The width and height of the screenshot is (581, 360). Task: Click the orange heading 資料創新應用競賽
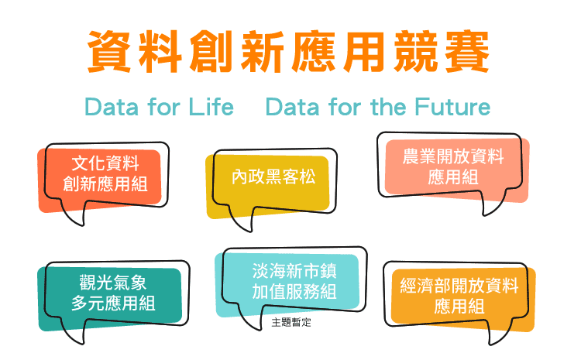pos(288,51)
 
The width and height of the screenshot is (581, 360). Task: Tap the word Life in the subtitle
pos(211,107)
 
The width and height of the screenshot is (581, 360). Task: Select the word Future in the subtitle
pos(452,107)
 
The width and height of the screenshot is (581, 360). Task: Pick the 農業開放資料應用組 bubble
pos(453,170)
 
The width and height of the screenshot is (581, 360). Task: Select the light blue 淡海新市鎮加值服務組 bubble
pos(290,285)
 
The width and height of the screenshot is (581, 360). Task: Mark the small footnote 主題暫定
pos(291,322)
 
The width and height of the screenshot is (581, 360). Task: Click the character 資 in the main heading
pos(109,51)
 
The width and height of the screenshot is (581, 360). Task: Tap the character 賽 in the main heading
pos(467,51)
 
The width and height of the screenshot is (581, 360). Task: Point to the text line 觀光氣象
pos(113,283)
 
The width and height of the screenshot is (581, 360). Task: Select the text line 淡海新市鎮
pos(294,271)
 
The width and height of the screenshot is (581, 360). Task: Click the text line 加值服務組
pos(294,291)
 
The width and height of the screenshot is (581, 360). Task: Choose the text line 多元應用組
pos(113,303)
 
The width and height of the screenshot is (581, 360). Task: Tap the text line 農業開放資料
pos(453,156)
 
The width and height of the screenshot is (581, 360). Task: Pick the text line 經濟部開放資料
pos(459,286)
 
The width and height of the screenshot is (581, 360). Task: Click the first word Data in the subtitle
pos(112,107)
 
